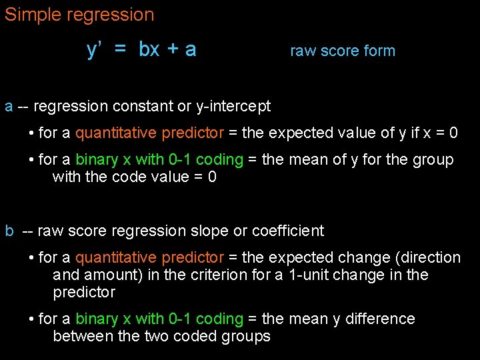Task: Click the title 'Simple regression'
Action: [x=79, y=15]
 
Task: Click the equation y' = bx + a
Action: [x=141, y=49]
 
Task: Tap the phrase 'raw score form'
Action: [x=343, y=51]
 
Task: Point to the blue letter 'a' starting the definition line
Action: [x=9, y=106]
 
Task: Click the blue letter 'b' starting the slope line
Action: [x=9, y=231]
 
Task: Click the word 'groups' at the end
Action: [x=246, y=336]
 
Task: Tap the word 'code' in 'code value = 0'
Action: [x=127, y=177]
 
